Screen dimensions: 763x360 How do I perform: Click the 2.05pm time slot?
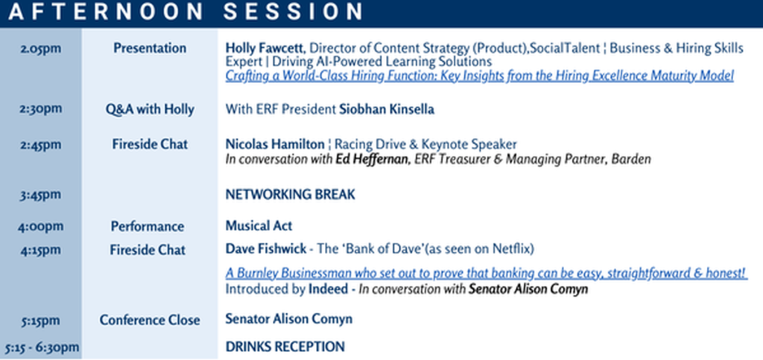[41, 49]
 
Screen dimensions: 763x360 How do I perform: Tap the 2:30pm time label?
[41, 109]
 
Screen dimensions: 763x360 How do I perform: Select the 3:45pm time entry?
[41, 195]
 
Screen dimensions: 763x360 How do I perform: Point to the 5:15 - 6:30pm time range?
[42, 347]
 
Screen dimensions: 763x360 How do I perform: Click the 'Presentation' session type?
[150, 48]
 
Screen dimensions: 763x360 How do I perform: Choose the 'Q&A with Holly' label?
[150, 110]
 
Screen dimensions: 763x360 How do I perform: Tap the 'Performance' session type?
[148, 227]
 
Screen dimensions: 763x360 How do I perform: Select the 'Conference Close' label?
[150, 320]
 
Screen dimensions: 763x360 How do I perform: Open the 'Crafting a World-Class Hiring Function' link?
[479, 76]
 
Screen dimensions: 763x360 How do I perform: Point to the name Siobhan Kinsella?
[387, 110]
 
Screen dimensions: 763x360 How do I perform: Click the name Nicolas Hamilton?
[275, 145]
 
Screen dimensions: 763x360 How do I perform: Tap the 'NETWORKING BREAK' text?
[291, 195]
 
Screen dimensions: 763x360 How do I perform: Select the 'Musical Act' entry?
[259, 227]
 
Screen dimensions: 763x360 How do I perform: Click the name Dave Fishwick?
[266, 249]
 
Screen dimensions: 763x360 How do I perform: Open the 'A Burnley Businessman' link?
[486, 274]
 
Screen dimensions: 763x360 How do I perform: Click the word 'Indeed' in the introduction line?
[329, 289]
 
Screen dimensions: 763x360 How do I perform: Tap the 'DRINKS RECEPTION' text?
[285, 347]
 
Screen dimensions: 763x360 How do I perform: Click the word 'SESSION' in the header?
[293, 12]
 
